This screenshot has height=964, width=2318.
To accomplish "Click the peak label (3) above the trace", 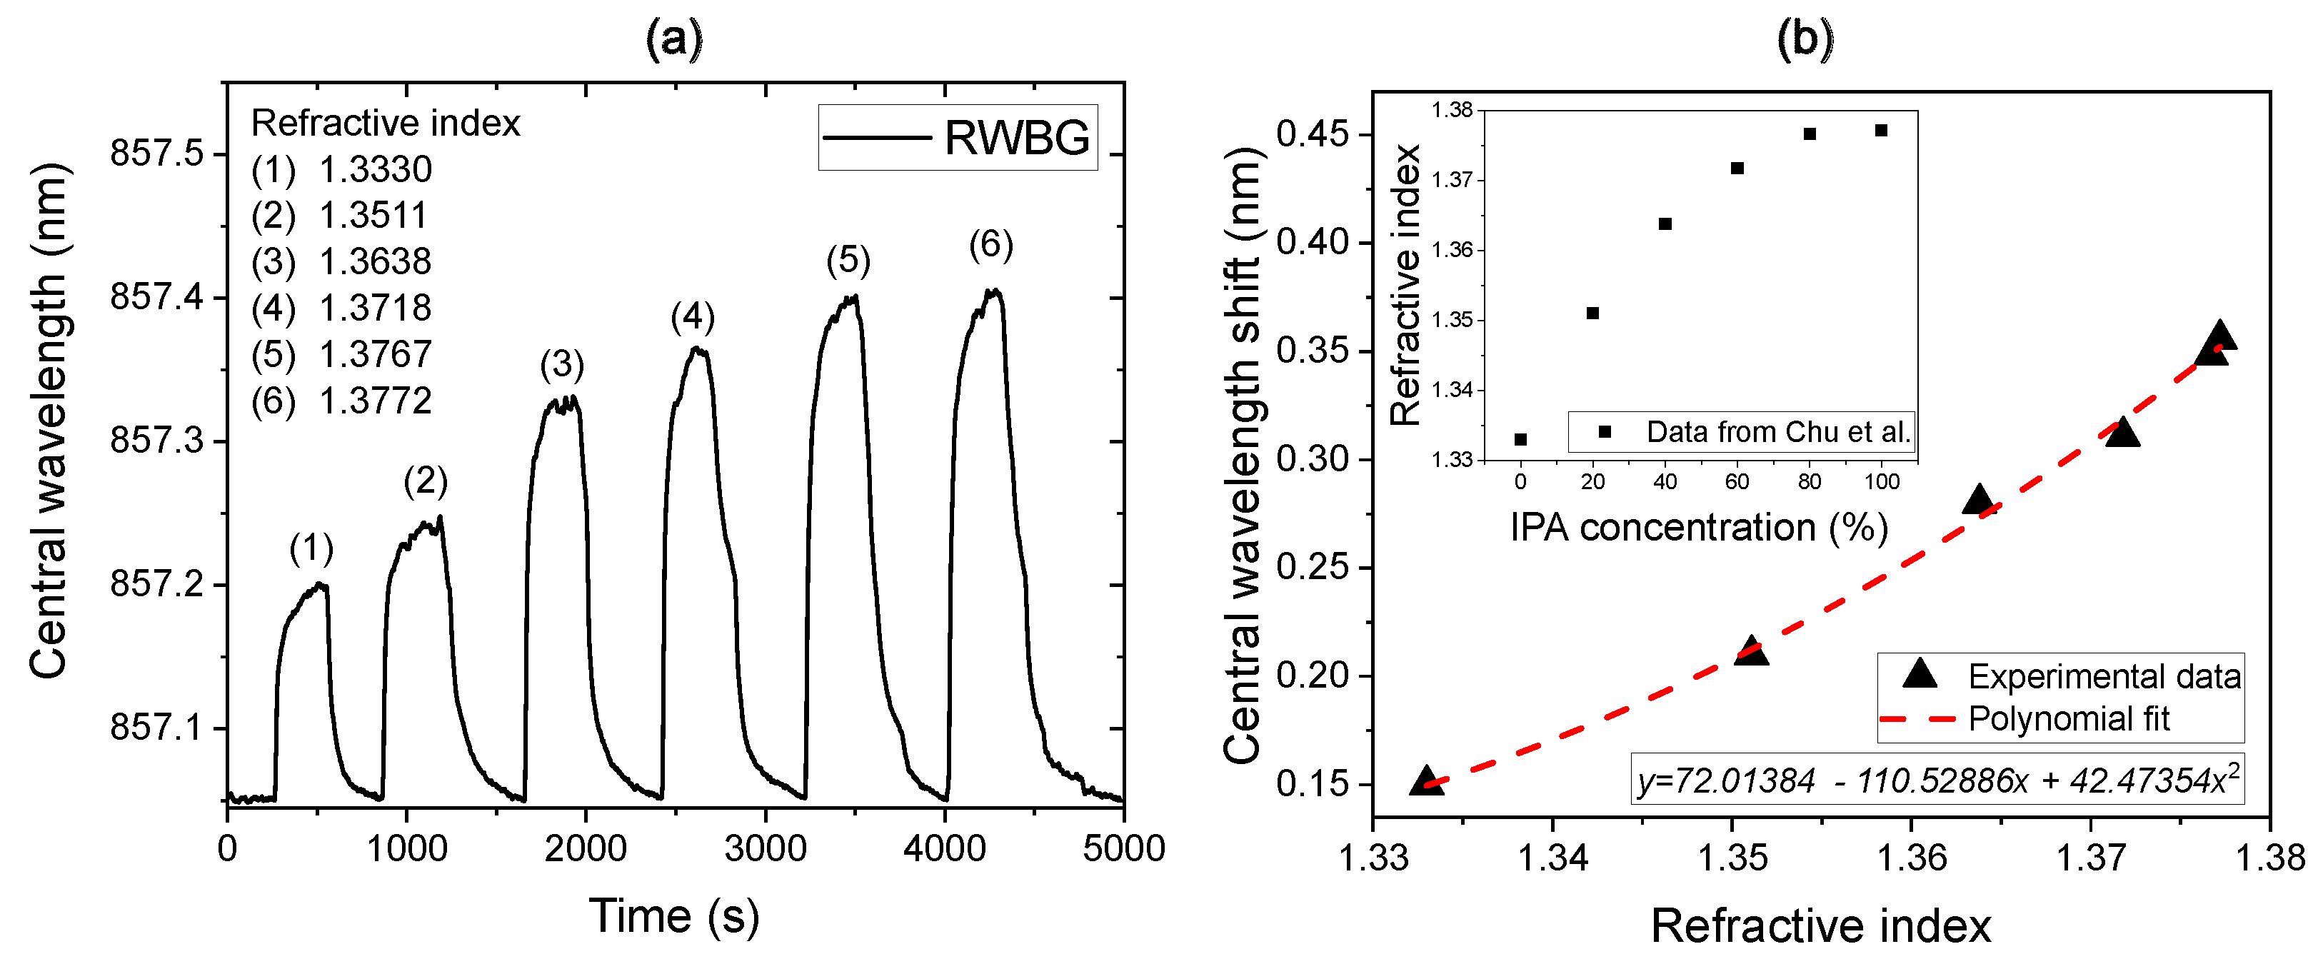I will click(561, 365).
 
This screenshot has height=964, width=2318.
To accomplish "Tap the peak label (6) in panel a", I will click(990, 244).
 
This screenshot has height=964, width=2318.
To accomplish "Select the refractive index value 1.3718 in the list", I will click(375, 308).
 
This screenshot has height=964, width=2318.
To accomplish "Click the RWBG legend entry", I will click(958, 138).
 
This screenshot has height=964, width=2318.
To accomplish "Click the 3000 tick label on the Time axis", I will click(765, 848).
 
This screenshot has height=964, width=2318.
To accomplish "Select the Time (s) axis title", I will click(674, 916).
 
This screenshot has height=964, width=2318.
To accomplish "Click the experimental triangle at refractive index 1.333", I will click(1426, 781).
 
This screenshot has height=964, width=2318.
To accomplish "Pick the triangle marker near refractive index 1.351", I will click(1750, 651).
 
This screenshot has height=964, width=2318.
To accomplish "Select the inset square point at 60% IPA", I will click(1737, 169).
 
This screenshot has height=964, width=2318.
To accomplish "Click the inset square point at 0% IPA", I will click(1521, 439).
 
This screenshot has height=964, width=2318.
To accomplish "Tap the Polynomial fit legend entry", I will click(2068, 719).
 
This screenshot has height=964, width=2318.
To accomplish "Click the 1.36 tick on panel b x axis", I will click(1911, 857).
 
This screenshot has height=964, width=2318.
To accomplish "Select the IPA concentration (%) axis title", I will click(1698, 528).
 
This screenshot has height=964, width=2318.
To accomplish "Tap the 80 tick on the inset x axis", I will click(1810, 481).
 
